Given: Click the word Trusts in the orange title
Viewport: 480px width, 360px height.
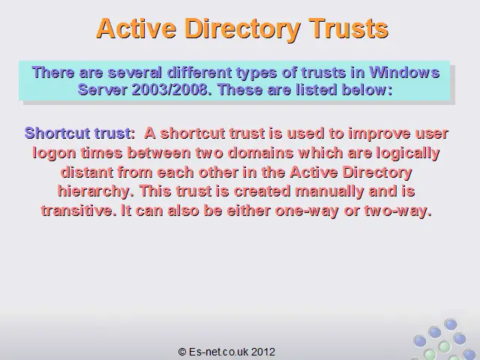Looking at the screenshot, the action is pyautogui.click(x=348, y=28).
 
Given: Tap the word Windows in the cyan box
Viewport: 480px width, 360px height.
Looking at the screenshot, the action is pyautogui.click(x=404, y=73).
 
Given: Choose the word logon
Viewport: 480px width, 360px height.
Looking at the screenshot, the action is pyautogui.click(x=54, y=153).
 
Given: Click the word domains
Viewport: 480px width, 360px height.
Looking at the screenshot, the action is pyautogui.click(x=260, y=152).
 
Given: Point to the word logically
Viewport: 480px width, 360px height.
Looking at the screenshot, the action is pyautogui.click(x=408, y=153).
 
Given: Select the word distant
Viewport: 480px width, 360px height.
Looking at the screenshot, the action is pyautogui.click(x=87, y=172).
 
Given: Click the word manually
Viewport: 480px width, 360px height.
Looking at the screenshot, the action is pyautogui.click(x=329, y=192).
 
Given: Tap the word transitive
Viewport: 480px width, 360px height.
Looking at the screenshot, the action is pyautogui.click(x=79, y=210).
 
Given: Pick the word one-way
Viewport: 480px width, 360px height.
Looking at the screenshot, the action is pyautogui.click(x=307, y=211).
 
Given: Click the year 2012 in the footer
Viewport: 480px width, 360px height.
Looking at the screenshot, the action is pyautogui.click(x=263, y=352).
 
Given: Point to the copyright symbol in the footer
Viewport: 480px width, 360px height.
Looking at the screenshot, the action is pyautogui.click(x=181, y=352).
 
